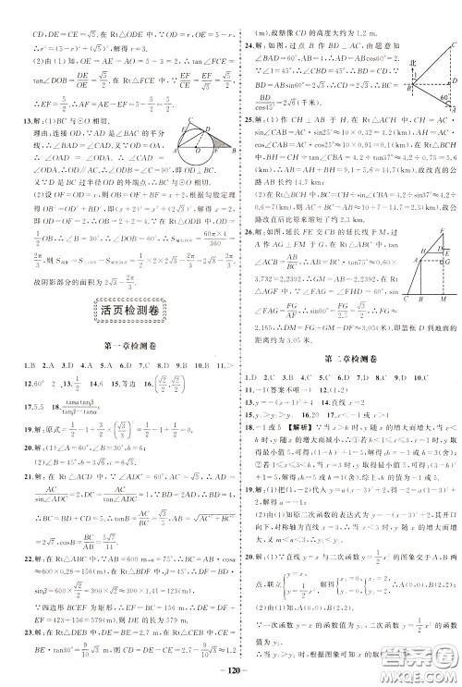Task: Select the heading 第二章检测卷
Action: coord(346,355)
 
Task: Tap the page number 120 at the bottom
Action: coord(230,675)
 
